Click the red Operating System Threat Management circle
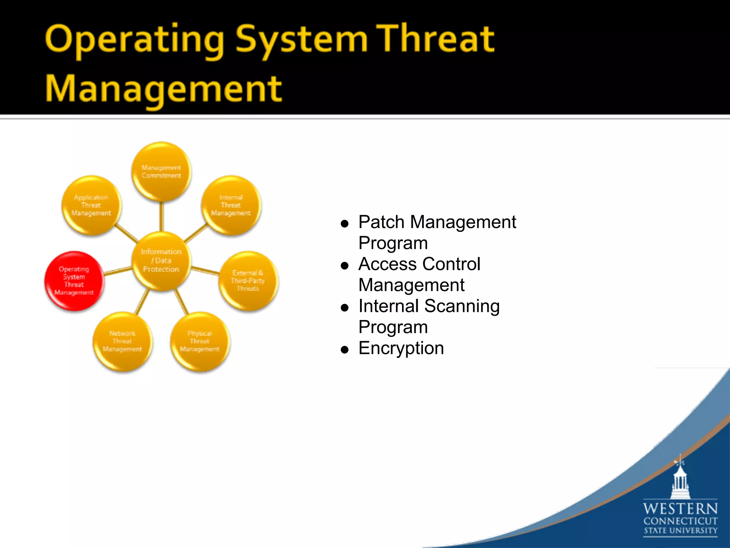74,281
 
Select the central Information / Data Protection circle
161,260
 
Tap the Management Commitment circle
161,172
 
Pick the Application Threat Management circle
91,205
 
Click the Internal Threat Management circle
231,205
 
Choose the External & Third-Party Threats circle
248,281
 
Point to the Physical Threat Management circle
200,341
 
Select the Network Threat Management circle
122,341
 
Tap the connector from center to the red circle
118,271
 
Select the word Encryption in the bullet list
401,348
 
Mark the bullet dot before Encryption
344,350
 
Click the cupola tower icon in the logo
680,480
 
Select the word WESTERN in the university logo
680,508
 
